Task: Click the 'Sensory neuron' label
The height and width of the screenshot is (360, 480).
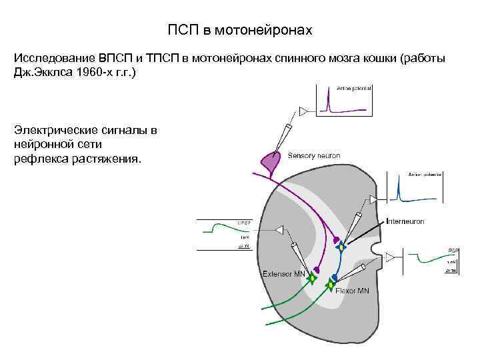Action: pyautogui.click(x=313, y=155)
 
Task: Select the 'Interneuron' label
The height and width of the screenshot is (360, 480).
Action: pyautogui.click(x=405, y=221)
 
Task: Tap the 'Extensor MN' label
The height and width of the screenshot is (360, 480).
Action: pyautogui.click(x=283, y=273)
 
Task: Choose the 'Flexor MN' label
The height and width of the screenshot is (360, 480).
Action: pyautogui.click(x=352, y=291)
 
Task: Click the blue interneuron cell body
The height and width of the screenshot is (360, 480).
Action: pyautogui.click(x=341, y=247)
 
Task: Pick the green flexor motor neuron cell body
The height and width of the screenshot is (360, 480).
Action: pyautogui.click(x=330, y=286)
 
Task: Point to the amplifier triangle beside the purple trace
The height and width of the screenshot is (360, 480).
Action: pyautogui.click(x=305, y=110)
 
